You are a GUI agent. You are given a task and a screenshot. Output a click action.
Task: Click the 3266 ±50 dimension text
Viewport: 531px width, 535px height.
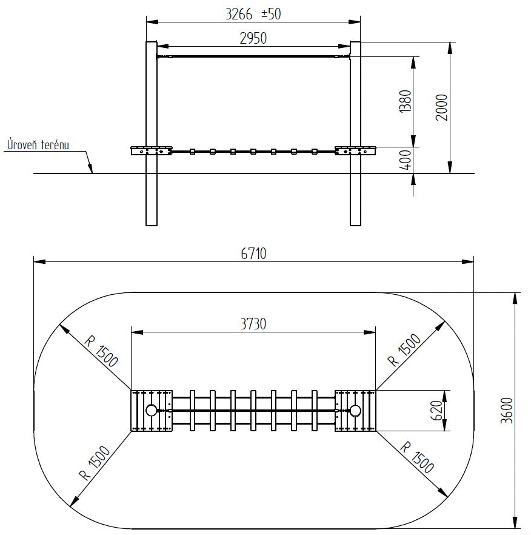[253, 14]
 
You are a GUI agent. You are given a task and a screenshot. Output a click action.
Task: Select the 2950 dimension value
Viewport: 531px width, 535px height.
[253, 38]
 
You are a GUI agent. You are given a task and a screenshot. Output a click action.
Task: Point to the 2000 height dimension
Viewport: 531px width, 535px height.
[442, 107]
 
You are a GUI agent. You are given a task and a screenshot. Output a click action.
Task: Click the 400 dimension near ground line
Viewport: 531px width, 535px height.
[406, 160]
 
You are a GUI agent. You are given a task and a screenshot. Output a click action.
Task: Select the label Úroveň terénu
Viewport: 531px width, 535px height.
[38, 144]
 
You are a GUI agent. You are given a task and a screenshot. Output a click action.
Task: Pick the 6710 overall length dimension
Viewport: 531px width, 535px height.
[253, 254]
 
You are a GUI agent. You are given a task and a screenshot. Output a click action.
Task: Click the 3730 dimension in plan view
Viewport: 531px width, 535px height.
[253, 324]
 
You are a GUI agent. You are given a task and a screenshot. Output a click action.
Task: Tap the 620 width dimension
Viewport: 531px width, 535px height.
[437, 411]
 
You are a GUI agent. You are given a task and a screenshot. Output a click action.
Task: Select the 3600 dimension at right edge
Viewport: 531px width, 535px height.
[507, 411]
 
